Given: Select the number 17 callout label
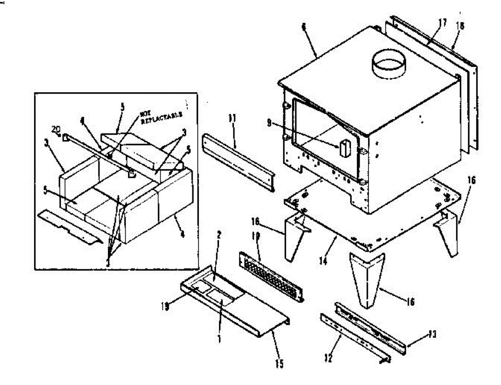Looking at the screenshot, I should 442,23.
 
